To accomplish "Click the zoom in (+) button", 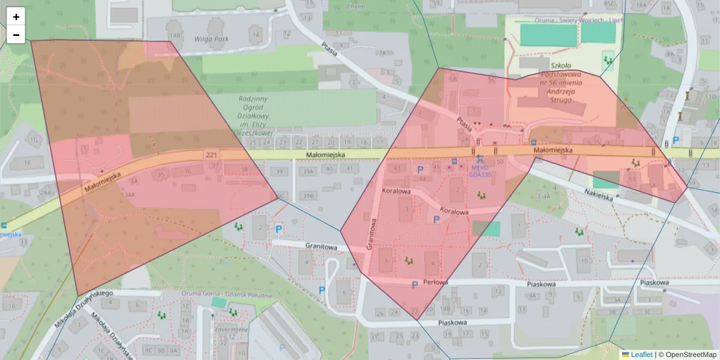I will tap(16, 16).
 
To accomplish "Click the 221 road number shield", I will tap(210, 155).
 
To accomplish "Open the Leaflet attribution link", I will tap(641, 355).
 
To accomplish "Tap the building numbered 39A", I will tap(308, 172).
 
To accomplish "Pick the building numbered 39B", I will tap(308, 196).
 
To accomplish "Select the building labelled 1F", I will tap(26, 163).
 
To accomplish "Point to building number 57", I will tap(631, 179).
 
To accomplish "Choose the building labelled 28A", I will tap(46, 193).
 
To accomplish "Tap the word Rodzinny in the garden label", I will tap(253, 98).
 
